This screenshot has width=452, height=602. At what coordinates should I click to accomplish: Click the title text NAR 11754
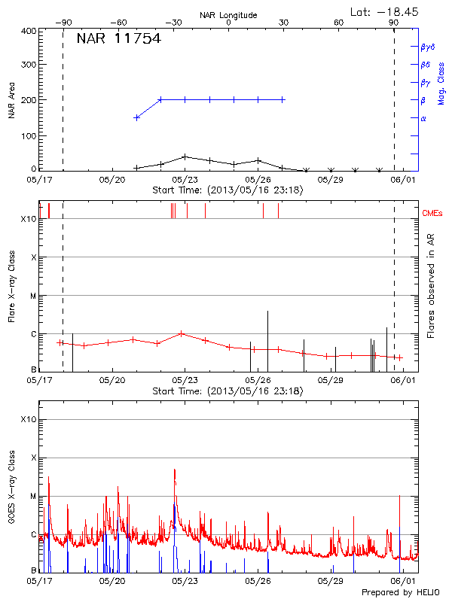[x=118, y=39]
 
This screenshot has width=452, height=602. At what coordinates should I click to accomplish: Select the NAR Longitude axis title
[x=228, y=14]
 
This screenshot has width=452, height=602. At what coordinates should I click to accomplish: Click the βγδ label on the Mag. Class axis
[x=428, y=47]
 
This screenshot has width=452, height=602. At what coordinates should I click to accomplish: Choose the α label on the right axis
[x=423, y=118]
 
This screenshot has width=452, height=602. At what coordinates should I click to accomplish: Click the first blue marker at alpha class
[x=136, y=117]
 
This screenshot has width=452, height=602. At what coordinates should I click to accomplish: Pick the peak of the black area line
[x=185, y=157]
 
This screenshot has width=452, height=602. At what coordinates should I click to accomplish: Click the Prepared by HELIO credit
[x=406, y=592]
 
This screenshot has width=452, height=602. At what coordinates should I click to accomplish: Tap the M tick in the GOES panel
[x=33, y=496]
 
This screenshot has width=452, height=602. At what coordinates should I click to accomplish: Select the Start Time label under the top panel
[x=228, y=190]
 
